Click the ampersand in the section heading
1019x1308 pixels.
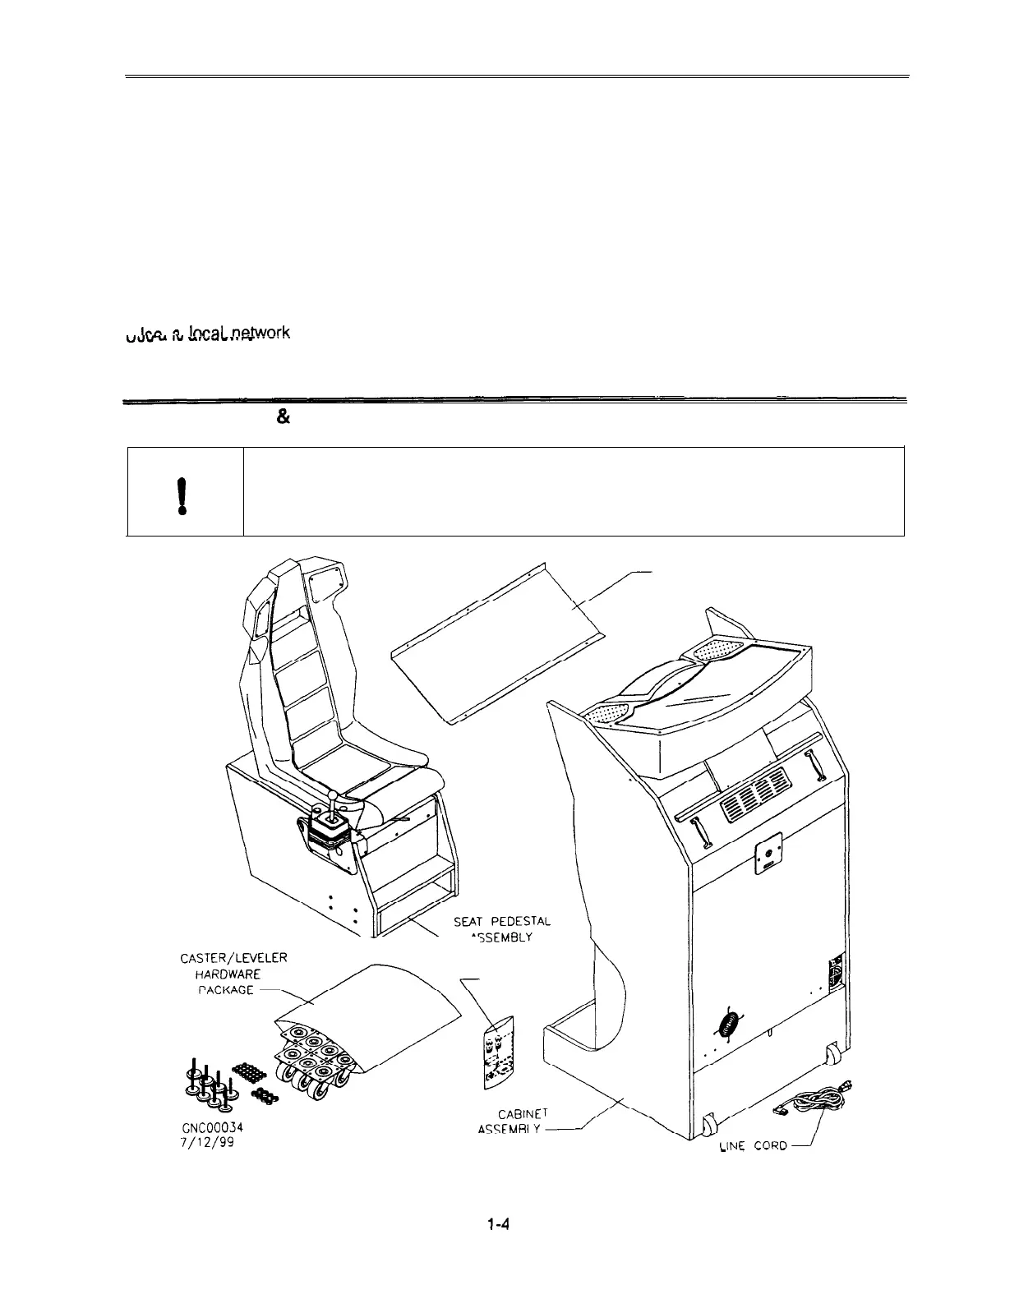pos(282,417)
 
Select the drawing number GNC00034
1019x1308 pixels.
pos(211,1128)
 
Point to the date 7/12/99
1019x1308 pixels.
pos(206,1142)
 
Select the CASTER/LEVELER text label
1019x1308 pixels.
pos(233,957)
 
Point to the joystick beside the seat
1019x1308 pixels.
pos(333,808)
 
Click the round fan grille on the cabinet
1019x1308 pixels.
pos(726,1025)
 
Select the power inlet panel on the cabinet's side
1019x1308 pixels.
pos(836,975)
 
